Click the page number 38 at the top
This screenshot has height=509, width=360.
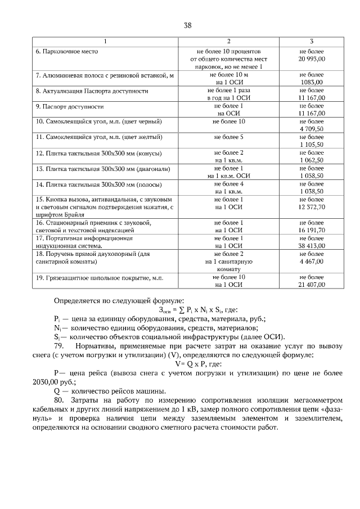coord(188,25)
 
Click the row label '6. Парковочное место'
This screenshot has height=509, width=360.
coord(67,51)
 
